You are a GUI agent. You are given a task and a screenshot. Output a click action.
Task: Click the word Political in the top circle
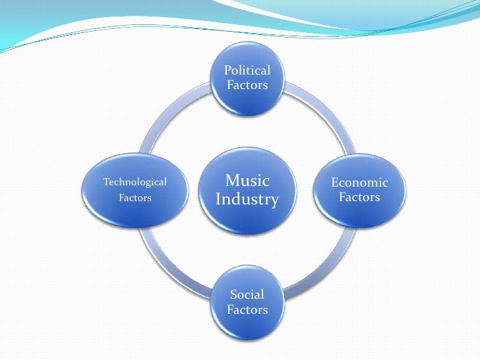coord(247,70)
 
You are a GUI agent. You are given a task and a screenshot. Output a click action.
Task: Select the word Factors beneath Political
coord(247,85)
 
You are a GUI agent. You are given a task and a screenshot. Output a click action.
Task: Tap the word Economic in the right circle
coord(359,183)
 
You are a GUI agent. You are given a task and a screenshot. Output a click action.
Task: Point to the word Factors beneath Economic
coord(359,197)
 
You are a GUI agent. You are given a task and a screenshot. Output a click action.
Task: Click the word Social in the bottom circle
coord(247,294)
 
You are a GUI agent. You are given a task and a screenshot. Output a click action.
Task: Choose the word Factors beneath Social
coord(247,309)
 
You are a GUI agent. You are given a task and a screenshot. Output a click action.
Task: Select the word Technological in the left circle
coord(135,182)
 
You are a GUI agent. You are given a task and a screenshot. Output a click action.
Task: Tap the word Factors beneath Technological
coord(135,197)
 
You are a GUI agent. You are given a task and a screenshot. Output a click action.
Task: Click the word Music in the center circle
coord(247,181)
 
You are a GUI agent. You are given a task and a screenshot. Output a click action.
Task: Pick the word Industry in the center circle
coord(247,199)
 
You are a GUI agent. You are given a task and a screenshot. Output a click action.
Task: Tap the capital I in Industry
coord(218,198)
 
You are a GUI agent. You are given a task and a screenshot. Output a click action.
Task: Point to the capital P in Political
coord(227,70)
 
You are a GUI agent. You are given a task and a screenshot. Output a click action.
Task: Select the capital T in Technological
coord(106,182)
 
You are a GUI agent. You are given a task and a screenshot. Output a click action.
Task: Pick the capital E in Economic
coord(334,183)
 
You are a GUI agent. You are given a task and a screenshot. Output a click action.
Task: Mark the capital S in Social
coord(233,294)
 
